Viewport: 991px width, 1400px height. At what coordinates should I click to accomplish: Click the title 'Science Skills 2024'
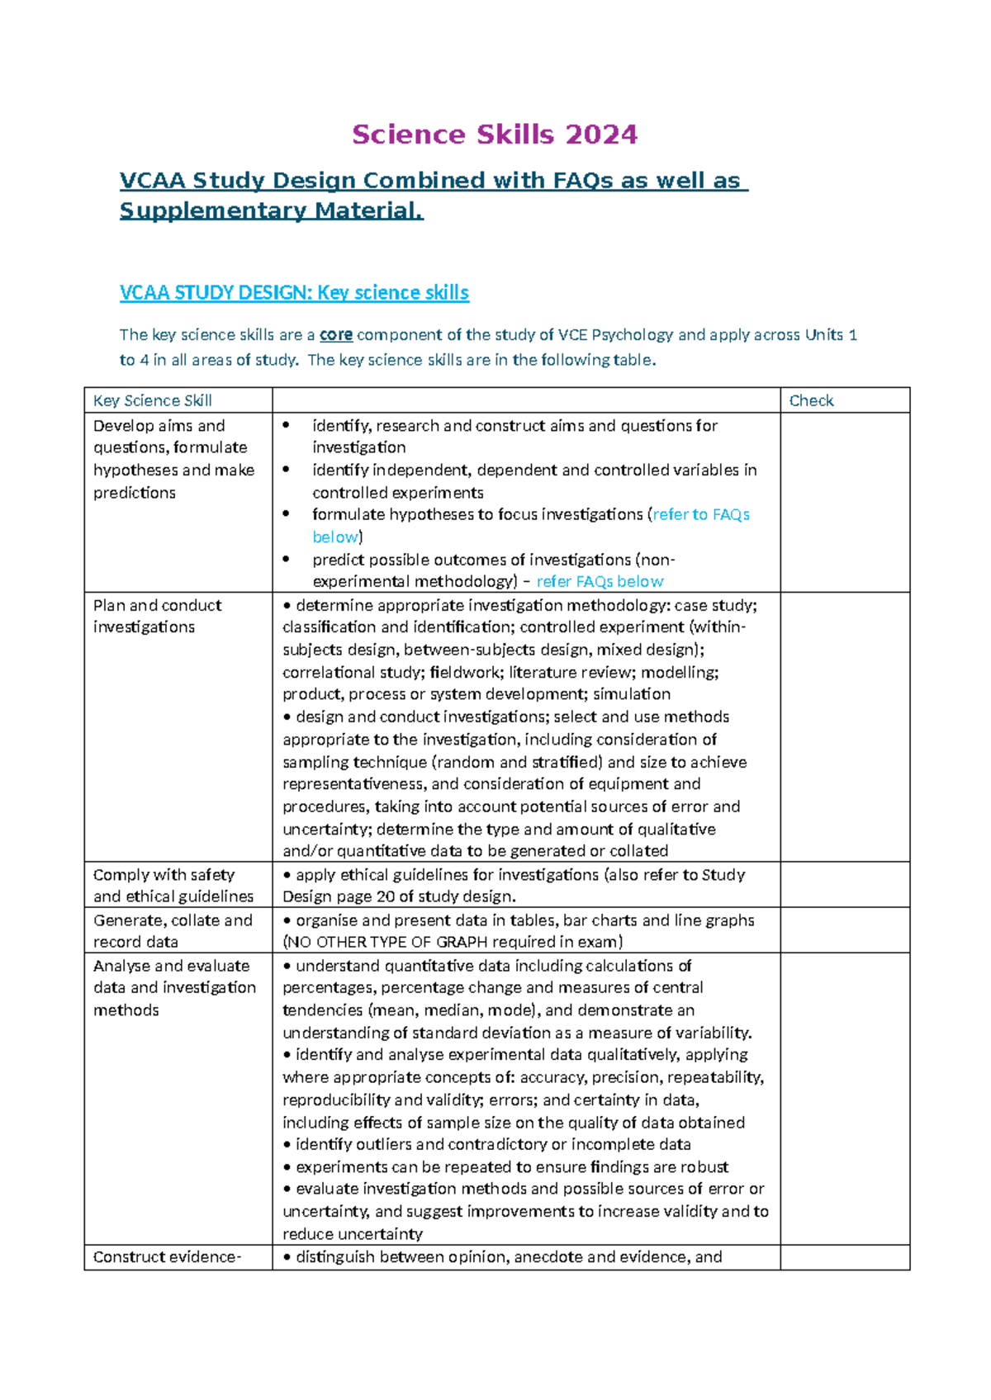tap(495, 135)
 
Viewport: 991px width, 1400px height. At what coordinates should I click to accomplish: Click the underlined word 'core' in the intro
tap(336, 335)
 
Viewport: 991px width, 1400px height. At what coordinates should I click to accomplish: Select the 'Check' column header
tap(811, 401)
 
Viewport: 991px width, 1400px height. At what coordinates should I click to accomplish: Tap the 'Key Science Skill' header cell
tap(153, 401)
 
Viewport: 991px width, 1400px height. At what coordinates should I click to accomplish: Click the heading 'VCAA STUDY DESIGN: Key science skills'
tap(294, 293)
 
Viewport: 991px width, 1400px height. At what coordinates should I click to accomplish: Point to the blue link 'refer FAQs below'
tap(600, 582)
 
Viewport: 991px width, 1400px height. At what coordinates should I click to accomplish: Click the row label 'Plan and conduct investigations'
tap(157, 616)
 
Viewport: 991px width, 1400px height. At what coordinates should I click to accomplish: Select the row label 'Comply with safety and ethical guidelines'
tap(173, 886)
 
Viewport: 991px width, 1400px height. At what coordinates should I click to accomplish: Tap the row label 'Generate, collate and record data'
tap(173, 931)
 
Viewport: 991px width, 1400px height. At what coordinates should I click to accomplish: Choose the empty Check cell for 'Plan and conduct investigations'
tap(844, 726)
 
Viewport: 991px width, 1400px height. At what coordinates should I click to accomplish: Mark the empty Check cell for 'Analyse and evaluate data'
tap(844, 1098)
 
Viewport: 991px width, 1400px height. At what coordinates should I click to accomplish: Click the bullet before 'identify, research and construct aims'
tap(287, 426)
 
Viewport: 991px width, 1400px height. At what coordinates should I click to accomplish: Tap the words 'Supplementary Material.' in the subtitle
tap(271, 211)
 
